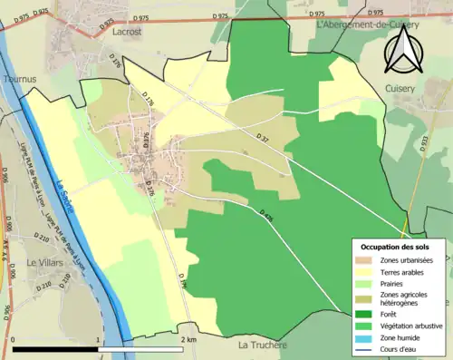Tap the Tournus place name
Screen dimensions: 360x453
coord(19,80)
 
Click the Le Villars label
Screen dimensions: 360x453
coord(43,262)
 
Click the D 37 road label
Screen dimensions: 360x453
coord(263,137)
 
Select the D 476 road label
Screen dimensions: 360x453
coord(265,217)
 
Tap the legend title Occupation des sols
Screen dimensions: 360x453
coord(395,247)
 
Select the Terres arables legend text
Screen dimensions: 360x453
coord(405,271)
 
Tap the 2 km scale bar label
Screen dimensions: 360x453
coord(188,340)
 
